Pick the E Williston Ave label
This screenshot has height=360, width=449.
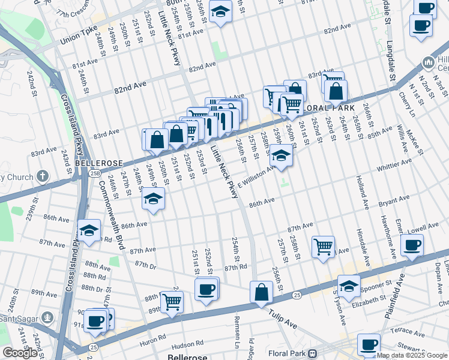point(258,175)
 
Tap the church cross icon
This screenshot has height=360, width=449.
point(41,176)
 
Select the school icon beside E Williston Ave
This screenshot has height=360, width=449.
point(280,156)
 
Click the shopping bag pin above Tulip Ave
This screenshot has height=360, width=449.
point(262,293)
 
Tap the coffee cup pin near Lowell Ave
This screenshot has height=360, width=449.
point(412,245)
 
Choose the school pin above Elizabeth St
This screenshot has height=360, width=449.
point(349,286)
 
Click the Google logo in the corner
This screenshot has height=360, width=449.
point(20,353)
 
